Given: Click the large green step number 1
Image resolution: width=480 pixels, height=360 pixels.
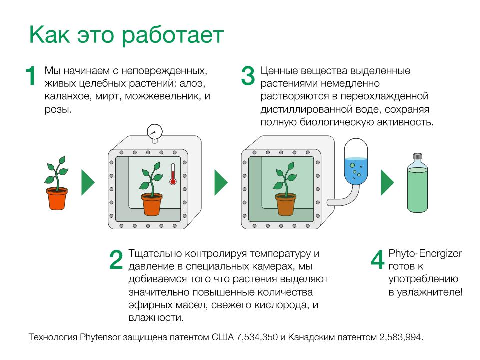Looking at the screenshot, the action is [30, 75].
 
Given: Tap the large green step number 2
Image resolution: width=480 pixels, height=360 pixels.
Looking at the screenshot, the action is [116, 260].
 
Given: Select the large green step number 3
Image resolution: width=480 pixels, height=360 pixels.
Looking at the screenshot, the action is [248, 75].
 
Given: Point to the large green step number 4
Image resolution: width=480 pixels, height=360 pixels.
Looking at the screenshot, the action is [378, 260].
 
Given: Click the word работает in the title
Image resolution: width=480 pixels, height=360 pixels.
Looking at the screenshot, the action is [173, 36].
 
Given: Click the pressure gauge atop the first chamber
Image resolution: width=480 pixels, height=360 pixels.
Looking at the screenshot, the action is [154, 133].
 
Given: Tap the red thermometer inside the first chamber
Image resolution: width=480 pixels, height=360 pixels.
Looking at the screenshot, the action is [173, 174].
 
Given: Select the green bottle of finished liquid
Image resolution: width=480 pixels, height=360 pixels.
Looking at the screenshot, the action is [417, 183].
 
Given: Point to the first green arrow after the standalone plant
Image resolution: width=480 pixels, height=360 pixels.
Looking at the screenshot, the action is [88, 183].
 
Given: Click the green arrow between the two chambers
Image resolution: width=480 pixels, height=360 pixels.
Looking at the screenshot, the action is [221, 183].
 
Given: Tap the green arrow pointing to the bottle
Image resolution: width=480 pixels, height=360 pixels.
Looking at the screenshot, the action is [387, 183].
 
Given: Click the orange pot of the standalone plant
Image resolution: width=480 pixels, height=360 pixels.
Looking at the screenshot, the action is [57, 198].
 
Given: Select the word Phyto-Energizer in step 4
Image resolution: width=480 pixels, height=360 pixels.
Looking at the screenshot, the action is [425, 254].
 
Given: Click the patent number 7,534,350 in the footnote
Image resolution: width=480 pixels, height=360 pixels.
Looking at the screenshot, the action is [257, 337].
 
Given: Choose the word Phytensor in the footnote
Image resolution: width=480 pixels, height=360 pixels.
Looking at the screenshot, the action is [100, 337].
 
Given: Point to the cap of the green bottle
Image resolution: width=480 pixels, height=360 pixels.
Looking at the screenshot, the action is [417, 156].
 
